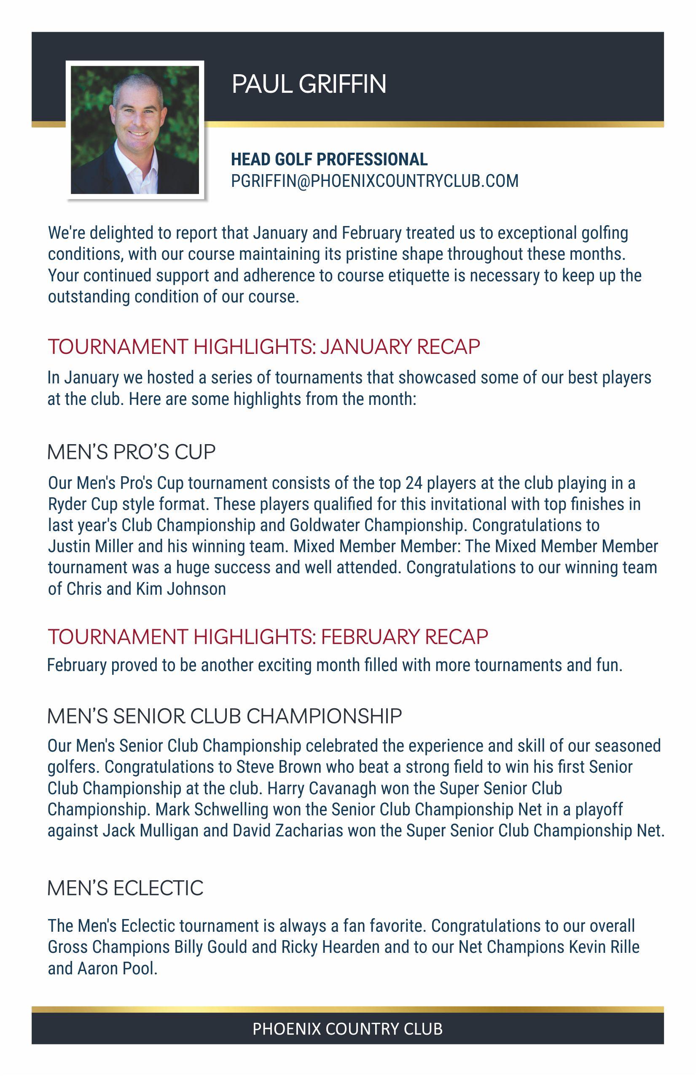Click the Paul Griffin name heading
pyautogui.click(x=309, y=84)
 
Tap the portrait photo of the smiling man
pyautogui.click(x=134, y=130)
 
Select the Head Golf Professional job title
pyautogui.click(x=329, y=159)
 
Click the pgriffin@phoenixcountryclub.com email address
pyautogui.click(x=374, y=181)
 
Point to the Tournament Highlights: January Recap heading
pyautogui.click(x=264, y=347)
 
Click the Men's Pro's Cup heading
pyautogui.click(x=132, y=452)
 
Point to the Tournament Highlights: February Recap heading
pyautogui.click(x=268, y=636)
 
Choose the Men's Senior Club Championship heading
pyautogui.click(x=224, y=717)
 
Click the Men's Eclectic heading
pyautogui.click(x=125, y=887)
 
